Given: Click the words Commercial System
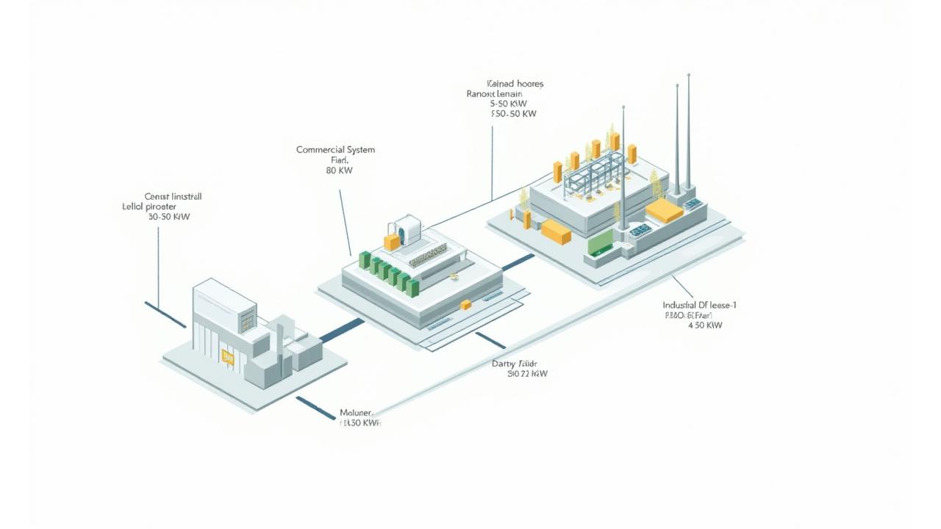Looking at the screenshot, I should click(335, 150).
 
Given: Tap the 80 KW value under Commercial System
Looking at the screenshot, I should click(339, 170).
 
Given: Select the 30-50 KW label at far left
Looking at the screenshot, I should click(169, 217).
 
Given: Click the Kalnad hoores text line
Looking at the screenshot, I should click(515, 84).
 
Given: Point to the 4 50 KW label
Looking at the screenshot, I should click(705, 325).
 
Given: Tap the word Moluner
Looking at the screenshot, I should click(357, 413).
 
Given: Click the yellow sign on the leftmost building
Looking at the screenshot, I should click(228, 357).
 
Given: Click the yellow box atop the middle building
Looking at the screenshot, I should click(392, 242).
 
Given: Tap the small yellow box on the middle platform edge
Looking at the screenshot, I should click(465, 304).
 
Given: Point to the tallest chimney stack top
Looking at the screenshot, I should click(689, 75).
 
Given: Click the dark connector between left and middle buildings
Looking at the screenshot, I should click(341, 330).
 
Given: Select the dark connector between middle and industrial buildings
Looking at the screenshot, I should click(518, 262).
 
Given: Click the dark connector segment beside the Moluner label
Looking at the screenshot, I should click(315, 408).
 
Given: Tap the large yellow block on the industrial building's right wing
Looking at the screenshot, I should click(664, 211).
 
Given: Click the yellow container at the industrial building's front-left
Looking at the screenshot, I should click(556, 231).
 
